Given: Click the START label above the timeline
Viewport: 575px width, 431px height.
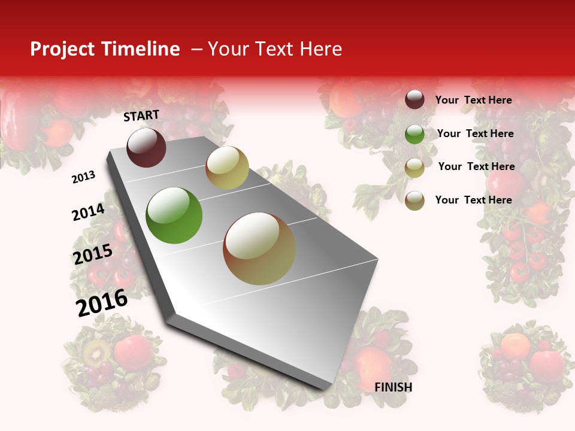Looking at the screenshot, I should coord(141,116).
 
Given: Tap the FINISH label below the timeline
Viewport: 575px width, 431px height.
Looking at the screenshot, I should coord(393,387).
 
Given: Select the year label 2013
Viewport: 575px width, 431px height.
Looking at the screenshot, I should coord(84,177).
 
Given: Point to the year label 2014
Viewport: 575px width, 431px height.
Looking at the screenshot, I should coord(88,212).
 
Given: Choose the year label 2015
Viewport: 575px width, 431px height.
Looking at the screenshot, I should coord(93,254).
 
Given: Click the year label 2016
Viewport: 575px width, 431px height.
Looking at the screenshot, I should coord(102,302).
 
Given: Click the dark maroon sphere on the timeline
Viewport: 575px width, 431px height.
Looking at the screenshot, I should coord(146,147).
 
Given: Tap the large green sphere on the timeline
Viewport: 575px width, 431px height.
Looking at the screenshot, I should coord(174,215).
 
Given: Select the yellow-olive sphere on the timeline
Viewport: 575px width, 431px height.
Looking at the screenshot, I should coord(227,168).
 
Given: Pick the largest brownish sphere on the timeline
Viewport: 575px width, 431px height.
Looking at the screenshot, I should coord(259,248).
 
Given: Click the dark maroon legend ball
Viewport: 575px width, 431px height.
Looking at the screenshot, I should coord(414,99).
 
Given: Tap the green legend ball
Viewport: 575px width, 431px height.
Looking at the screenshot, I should coord(414,133).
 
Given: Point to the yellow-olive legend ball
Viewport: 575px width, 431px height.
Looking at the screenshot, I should coord(414,167).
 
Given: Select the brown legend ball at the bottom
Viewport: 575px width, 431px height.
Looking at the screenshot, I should coord(414,200).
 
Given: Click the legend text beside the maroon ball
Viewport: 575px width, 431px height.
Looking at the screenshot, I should coord(473,100).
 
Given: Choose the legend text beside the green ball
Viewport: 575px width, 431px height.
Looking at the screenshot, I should coord(476,133).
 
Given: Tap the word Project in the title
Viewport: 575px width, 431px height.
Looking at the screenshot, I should coord(62,49).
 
